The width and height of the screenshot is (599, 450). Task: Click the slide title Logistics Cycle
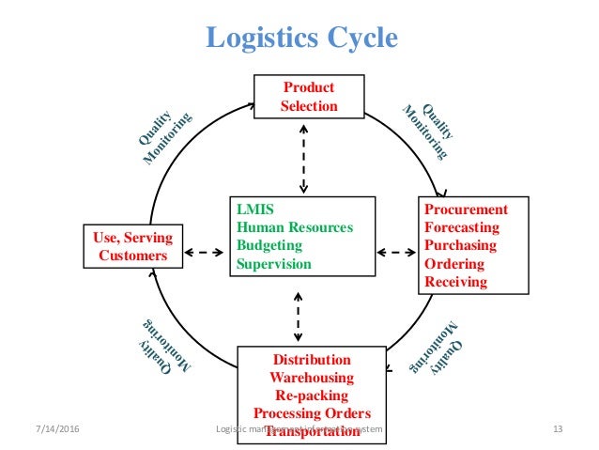[x=301, y=38]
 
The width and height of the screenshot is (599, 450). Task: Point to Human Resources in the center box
[x=296, y=227]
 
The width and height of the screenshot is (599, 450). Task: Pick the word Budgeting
[x=273, y=246]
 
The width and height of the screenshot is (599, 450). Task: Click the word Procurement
[x=466, y=209]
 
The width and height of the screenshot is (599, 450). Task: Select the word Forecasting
[x=462, y=227]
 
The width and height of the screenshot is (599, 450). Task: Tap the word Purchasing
[x=461, y=245]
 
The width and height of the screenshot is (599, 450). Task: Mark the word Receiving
[x=456, y=282]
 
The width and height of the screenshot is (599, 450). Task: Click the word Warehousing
[x=312, y=378]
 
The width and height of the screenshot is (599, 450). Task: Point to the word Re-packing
[x=312, y=396]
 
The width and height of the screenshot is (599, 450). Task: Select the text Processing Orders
[x=312, y=413]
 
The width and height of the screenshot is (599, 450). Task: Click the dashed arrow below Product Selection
[x=302, y=156]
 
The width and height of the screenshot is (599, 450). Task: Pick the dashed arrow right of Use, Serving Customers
[x=203, y=253]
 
